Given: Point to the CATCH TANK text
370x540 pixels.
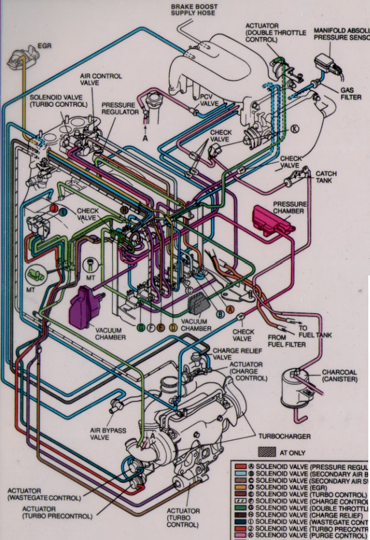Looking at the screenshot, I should (x=326, y=177).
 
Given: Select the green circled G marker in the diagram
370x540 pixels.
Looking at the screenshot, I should (x=140, y=327).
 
